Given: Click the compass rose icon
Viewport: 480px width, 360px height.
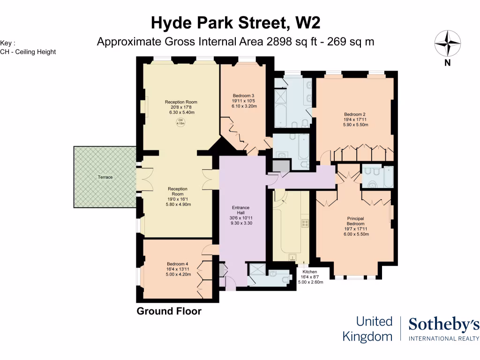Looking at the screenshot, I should (x=448, y=44).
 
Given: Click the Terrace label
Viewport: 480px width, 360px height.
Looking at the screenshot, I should (x=105, y=177).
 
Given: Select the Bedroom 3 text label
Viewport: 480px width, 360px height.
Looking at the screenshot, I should (x=243, y=96).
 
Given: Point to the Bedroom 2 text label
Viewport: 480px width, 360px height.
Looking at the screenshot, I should (x=354, y=114).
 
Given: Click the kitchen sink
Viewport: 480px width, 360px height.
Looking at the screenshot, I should (x=292, y=257).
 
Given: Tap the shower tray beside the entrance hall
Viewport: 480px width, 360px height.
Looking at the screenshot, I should (x=257, y=269).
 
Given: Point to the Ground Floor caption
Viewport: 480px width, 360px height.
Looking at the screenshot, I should (x=169, y=311).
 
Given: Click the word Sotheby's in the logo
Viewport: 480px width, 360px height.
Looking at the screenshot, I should (x=444, y=324).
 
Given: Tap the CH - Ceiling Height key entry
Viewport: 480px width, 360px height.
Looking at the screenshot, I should (x=28, y=52).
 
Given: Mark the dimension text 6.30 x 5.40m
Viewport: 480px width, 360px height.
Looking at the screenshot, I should (x=180, y=112).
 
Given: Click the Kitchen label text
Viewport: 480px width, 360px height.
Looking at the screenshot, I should (x=309, y=272).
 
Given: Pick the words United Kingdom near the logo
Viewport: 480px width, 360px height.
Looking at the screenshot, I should (x=367, y=329).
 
